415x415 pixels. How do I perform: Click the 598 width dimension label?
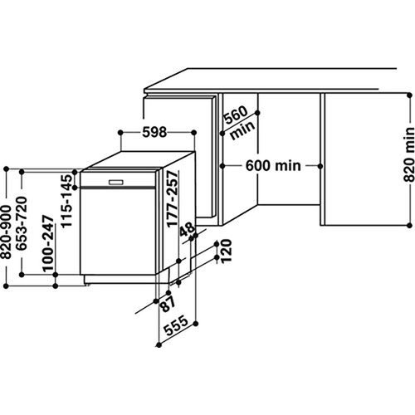[x=154, y=132]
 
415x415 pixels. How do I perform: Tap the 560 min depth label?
[x=238, y=122]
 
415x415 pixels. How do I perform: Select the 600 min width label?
[x=273, y=166]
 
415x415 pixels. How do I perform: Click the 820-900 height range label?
[x=7, y=232]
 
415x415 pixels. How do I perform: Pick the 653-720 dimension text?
[x=22, y=223]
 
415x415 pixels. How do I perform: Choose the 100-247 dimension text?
[x=47, y=243]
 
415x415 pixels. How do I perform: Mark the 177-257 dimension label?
[x=172, y=199]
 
